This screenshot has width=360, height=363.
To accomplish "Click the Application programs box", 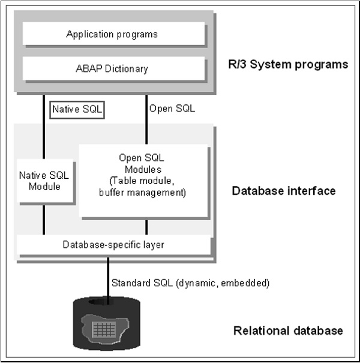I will tap(112, 34).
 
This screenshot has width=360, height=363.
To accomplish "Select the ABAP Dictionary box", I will tap(112, 68).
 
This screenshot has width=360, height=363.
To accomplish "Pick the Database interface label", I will tap(283, 191).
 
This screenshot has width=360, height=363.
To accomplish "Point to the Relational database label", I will tap(288, 331).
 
